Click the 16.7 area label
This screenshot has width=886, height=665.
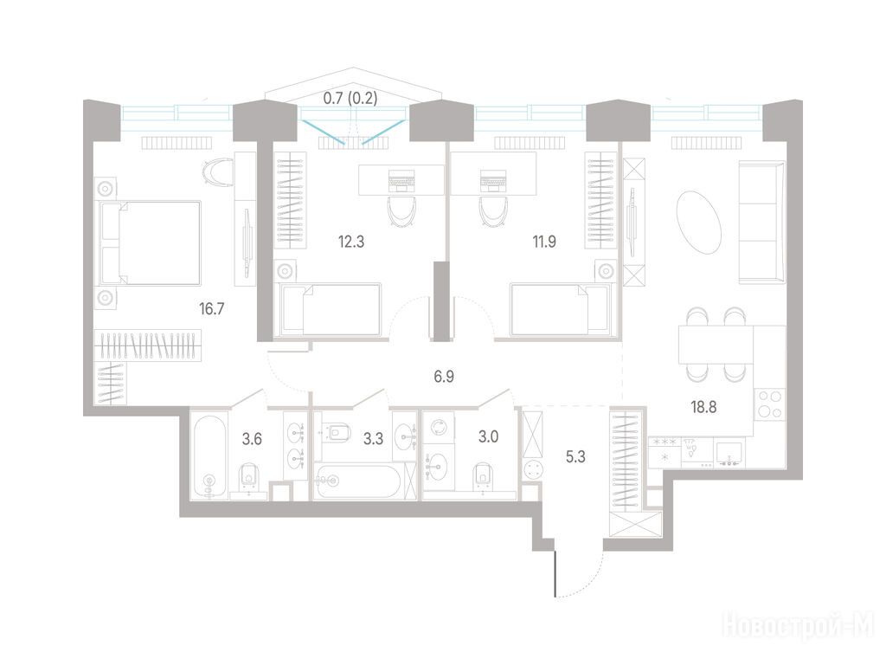(212, 309)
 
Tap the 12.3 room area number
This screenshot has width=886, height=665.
(351, 242)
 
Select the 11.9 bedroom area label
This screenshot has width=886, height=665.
(543, 242)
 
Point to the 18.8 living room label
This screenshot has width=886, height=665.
(703, 407)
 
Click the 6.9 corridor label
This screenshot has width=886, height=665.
(444, 377)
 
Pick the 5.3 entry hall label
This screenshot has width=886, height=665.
(575, 457)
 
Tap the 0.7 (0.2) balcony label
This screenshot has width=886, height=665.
(350, 99)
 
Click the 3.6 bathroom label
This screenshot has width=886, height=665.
(252, 438)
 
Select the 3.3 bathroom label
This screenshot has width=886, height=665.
(374, 438)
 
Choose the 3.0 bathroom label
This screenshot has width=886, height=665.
(488, 437)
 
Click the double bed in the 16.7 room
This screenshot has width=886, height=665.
(151, 242)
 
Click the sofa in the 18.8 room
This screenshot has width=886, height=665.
(761, 223)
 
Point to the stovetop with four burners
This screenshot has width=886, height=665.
(769, 405)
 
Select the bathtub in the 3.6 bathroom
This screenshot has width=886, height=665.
(209, 456)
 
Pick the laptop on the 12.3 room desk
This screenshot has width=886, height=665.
(401, 180)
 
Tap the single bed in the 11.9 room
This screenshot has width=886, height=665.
(561, 310)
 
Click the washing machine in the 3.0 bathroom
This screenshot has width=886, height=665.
(439, 428)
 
